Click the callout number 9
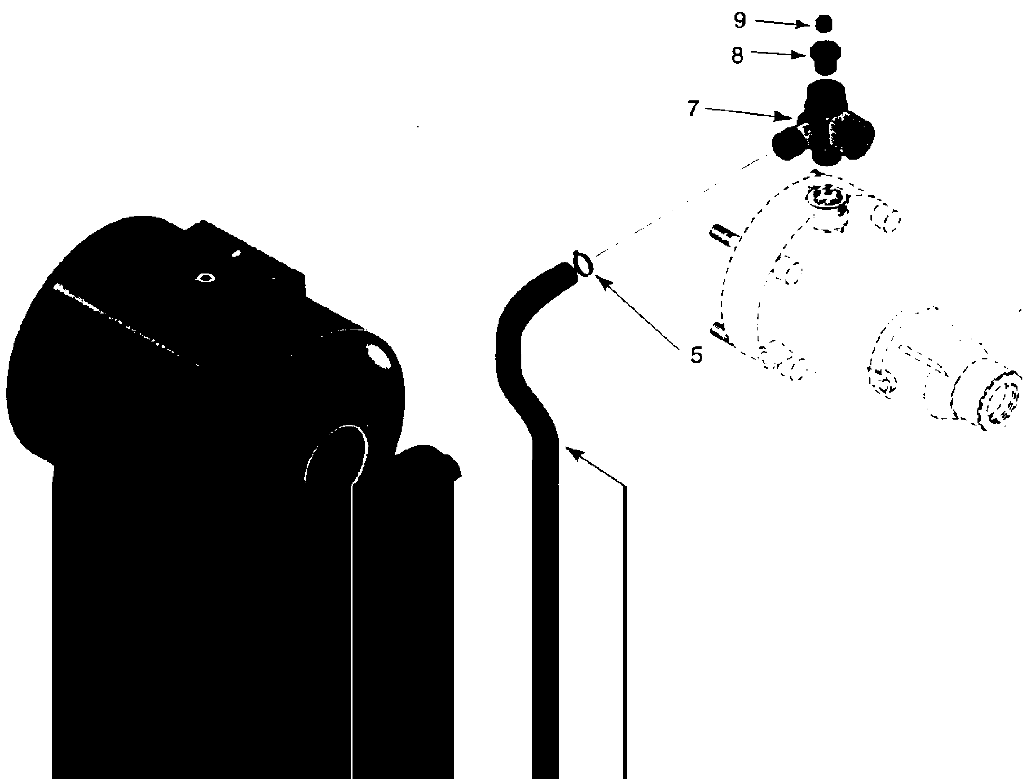(740, 21)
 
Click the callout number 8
(737, 56)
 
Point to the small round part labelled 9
(824, 24)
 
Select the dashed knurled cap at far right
(997, 401)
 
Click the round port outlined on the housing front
(338, 454)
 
